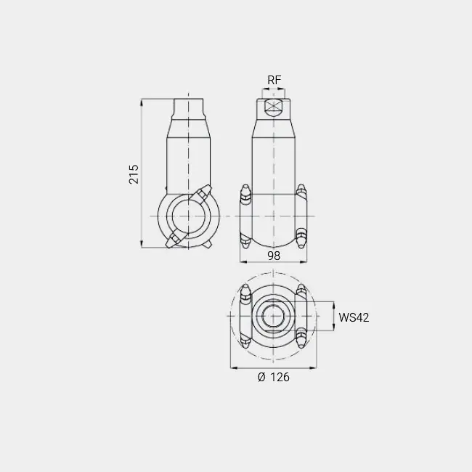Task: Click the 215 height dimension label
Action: [134, 174]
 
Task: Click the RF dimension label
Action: [274, 80]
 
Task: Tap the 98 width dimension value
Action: [274, 256]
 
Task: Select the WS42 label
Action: [354, 317]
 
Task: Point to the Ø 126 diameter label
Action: [274, 377]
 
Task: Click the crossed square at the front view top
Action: [273, 105]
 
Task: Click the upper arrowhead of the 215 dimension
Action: [142, 102]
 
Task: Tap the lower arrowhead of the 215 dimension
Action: [142, 245]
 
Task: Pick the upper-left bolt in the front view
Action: [245, 195]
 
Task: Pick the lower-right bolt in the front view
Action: [301, 238]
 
